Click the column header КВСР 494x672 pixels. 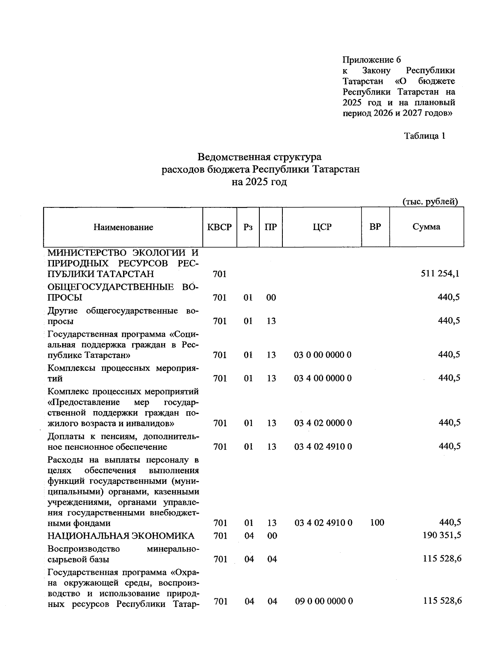219,227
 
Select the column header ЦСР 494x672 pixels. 322,227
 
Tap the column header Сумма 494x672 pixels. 426,227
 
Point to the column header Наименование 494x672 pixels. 123,227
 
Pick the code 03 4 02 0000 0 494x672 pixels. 323,423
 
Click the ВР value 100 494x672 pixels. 377,523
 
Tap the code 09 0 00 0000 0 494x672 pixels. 324,601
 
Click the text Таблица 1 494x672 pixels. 424,136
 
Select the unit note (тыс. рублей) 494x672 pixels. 430,202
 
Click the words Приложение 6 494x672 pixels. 372,60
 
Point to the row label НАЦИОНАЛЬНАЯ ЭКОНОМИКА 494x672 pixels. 121,536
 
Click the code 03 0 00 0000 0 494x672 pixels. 323,355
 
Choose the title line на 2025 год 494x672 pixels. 259,182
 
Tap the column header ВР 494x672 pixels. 375,227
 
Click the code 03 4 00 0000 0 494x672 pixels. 323,378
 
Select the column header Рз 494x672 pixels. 248,227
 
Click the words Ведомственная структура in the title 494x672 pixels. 259,157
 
